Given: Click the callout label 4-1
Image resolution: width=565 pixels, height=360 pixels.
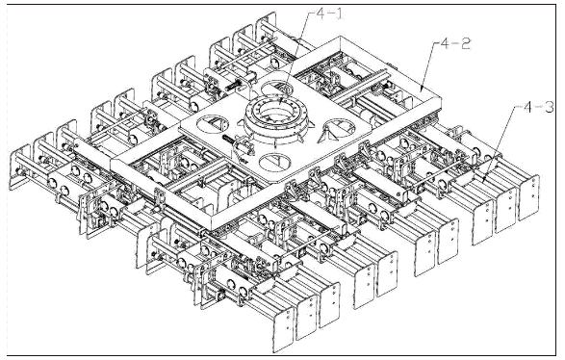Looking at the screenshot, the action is tap(327, 14).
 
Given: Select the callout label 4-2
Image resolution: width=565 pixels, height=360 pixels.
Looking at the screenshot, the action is tap(455, 44).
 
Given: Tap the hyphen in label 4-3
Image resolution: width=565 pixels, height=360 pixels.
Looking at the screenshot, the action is tap(539, 108).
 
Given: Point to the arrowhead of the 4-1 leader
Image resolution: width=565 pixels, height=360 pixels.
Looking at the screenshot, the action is tap(280, 103).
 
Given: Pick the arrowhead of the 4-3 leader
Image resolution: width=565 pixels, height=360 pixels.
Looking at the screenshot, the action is tap(483, 179).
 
